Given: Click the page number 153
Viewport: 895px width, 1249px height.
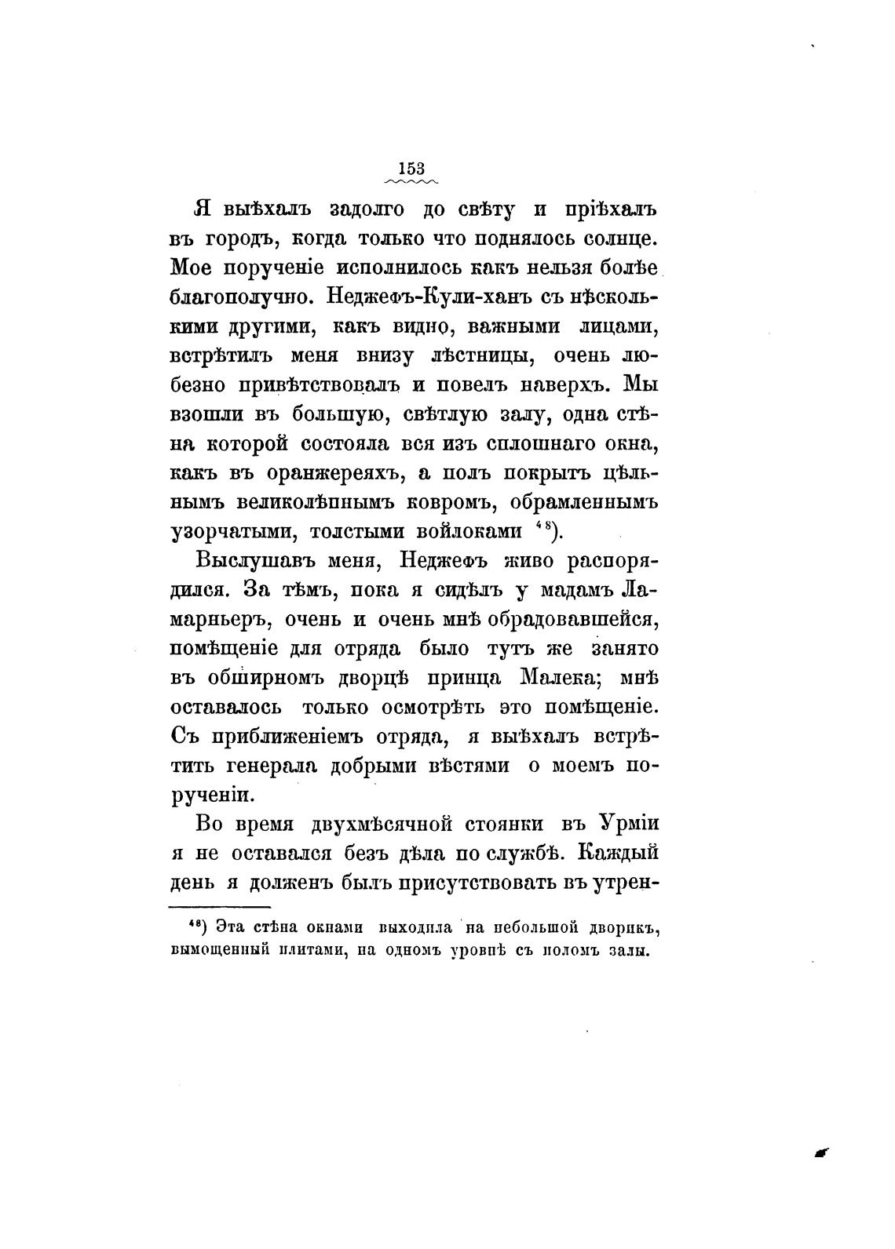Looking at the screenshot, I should click(411, 169).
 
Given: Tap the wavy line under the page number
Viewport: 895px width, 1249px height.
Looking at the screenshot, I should click(411, 181).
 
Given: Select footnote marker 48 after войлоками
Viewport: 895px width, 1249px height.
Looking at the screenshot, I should click(545, 527).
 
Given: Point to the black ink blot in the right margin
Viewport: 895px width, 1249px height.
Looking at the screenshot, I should click(821, 1151).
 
